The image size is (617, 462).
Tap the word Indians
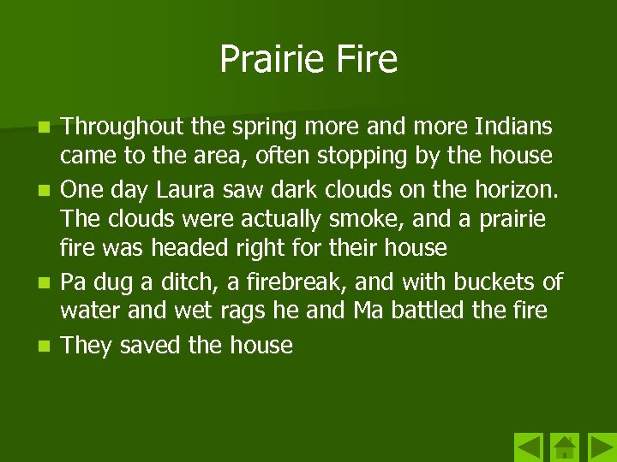[513, 127]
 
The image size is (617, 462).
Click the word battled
[433, 310]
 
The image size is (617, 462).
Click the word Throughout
[123, 127]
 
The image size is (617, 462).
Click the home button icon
[564, 447]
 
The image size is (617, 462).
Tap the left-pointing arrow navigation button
[529, 447]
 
